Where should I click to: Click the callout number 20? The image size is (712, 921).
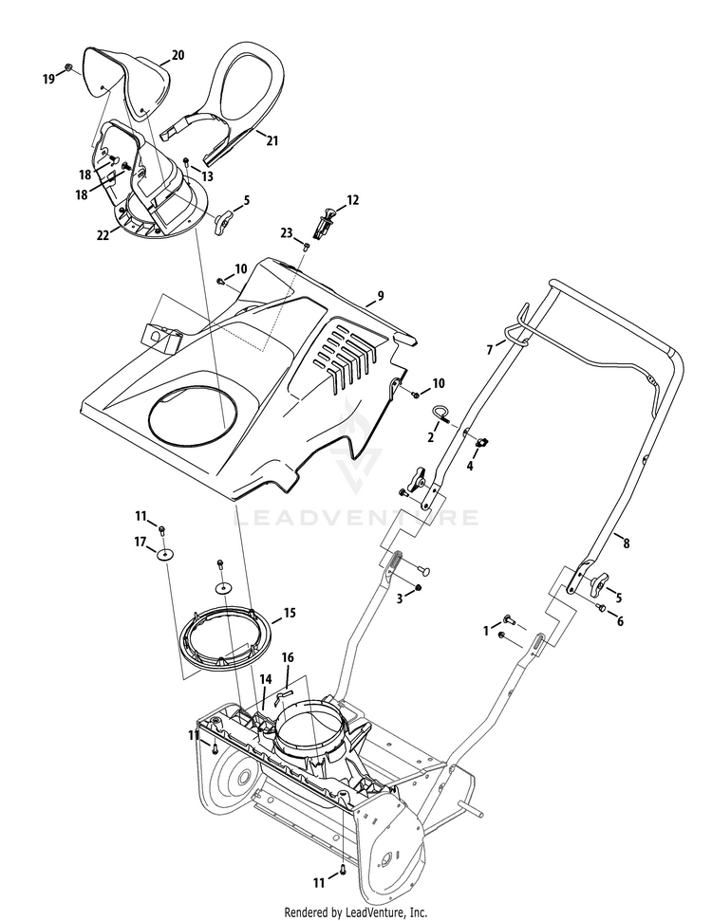click(x=177, y=56)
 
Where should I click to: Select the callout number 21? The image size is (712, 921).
click(x=272, y=140)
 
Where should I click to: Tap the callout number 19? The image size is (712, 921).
click(x=48, y=80)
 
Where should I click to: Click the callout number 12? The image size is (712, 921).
click(x=352, y=200)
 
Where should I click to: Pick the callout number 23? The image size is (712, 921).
click(x=286, y=232)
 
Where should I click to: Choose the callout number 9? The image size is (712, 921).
click(x=380, y=296)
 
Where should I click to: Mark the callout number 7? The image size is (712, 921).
click(x=490, y=350)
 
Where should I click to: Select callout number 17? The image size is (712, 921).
click(x=141, y=543)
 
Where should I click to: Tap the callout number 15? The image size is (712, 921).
click(x=290, y=613)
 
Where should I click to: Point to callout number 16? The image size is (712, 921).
click(x=288, y=656)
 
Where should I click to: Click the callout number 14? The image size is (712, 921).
click(x=266, y=679)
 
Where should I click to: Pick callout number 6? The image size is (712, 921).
click(x=621, y=621)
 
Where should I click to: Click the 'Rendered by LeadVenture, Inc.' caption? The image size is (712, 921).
click(x=356, y=912)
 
